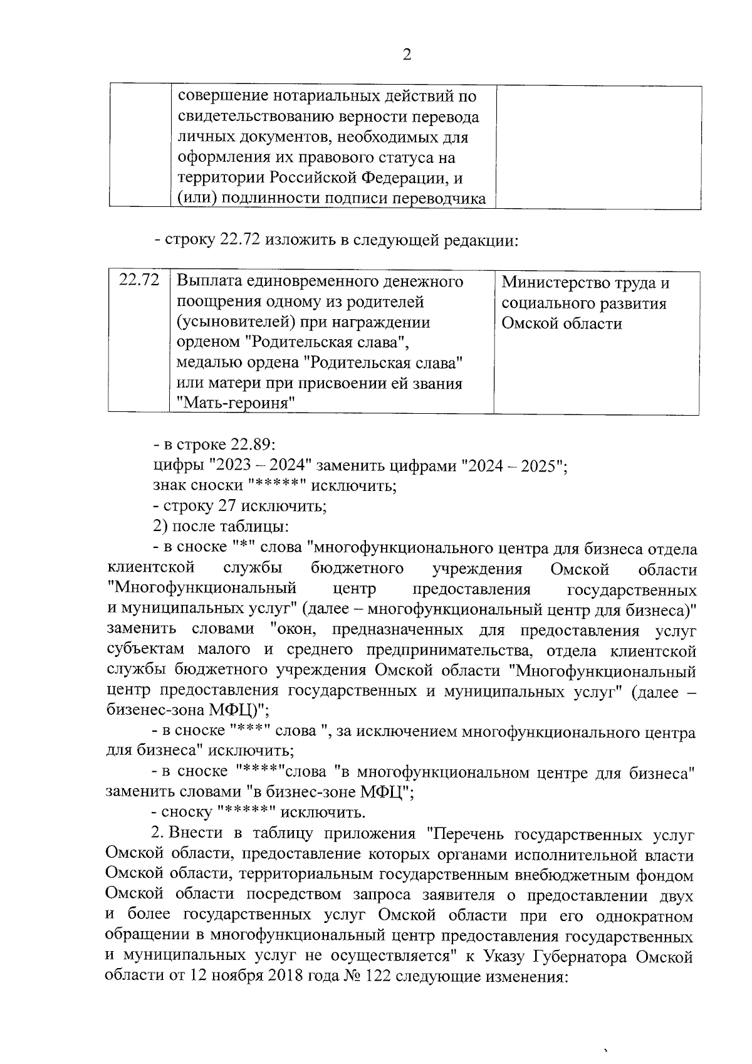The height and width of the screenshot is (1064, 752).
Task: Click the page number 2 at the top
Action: pyautogui.click(x=407, y=55)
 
